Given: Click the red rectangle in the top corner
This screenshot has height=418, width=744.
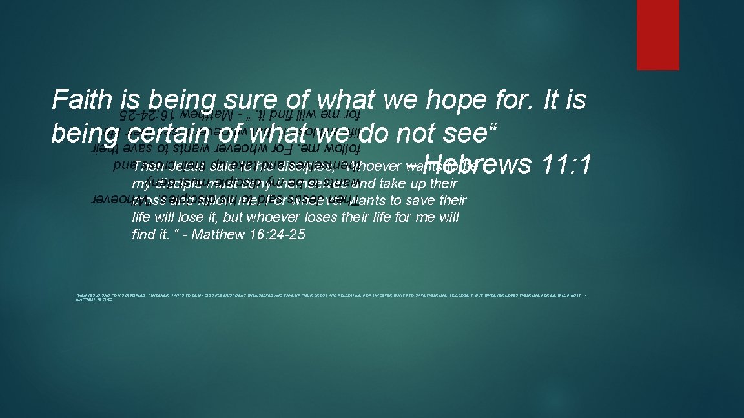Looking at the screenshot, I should click(x=657, y=34).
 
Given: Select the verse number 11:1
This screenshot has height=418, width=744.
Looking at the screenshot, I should click(x=566, y=164).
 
